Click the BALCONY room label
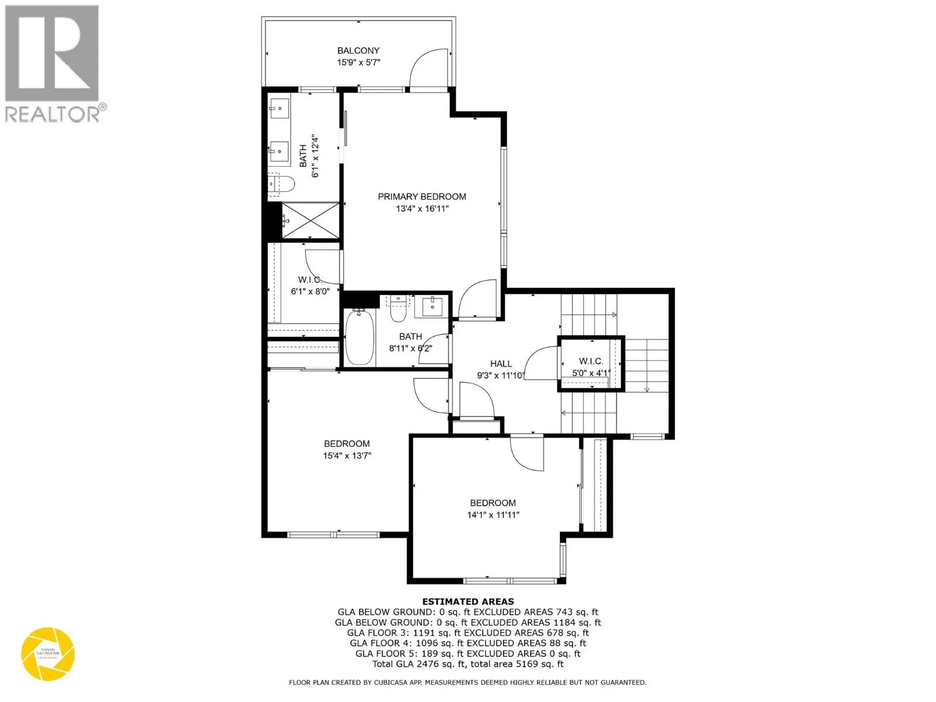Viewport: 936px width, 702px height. click(358, 51)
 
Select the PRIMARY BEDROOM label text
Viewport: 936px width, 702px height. click(422, 197)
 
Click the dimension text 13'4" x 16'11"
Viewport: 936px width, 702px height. click(422, 209)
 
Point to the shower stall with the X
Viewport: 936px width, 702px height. click(311, 221)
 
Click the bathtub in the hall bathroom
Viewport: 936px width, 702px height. click(356, 338)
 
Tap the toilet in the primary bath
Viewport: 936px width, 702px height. click(283, 184)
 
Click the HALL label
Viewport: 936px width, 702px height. click(501, 364)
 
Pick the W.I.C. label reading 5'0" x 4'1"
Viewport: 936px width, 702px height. click(591, 367)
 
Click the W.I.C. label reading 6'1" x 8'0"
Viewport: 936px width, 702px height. click(310, 285)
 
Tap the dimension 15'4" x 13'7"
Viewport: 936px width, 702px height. click(347, 456)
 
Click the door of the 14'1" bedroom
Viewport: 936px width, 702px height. click(526, 453)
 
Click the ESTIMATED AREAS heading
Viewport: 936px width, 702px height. click(468, 601)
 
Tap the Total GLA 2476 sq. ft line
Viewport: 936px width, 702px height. click(468, 664)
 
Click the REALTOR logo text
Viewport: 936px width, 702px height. click(53, 113)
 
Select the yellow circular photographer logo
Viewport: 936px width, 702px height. click(48, 654)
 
